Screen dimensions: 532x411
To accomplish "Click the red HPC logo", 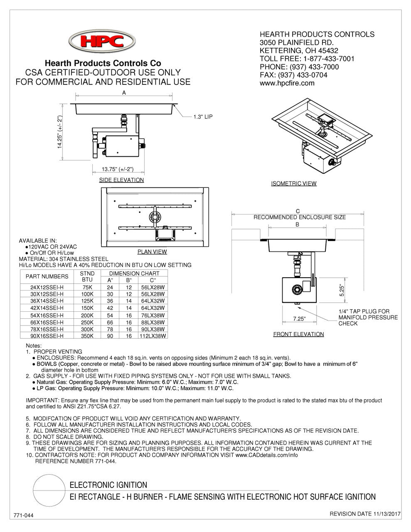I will pos(102,42).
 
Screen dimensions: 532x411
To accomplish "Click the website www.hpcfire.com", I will pos(287,83).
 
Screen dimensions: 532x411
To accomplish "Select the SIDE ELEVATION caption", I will pos(121,180).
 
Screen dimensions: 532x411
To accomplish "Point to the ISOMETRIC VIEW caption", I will pos(293,183).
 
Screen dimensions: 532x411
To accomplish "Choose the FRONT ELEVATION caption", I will pos(298,334).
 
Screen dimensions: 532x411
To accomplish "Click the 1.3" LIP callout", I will pos(203,117).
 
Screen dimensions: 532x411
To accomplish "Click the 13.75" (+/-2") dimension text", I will pos(117,169).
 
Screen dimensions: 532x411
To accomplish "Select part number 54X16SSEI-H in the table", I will pos(44,315).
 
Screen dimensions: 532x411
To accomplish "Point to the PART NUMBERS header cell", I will pos(47,276).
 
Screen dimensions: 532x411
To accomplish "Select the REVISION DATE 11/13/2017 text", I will pos(365,514).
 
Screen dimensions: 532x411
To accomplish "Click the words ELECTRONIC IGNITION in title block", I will pos(108,485).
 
